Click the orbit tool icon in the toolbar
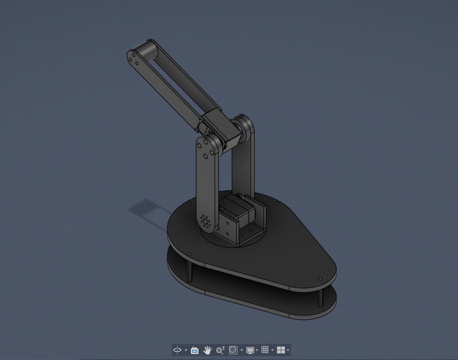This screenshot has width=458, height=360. pos(178,350)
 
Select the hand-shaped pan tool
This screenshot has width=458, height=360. pos(207,350)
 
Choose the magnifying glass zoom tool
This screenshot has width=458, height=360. pos(220,350)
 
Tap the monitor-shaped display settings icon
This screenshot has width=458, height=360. pos(250,350)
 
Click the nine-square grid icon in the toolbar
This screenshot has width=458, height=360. pos(265,350)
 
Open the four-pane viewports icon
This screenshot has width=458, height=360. pos(281,350)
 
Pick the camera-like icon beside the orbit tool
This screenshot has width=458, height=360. pos(195,350)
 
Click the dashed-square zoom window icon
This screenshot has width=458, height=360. pos(233,350)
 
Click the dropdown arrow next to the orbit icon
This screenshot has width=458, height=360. pos(186,351)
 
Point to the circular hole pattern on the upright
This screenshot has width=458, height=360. pos(205,221)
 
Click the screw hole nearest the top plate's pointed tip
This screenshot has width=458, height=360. pos(320,280)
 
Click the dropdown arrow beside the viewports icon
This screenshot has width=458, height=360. pos(288,351)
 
